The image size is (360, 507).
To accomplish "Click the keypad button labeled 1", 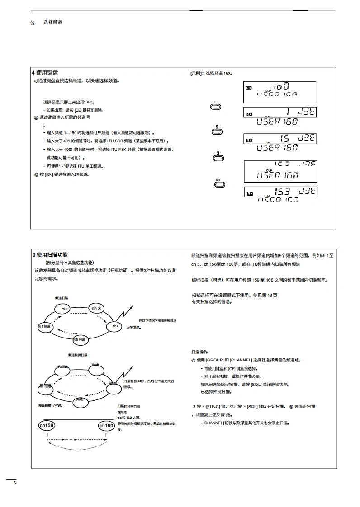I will pos(216,107).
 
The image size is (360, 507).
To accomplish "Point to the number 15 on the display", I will pos(284,138).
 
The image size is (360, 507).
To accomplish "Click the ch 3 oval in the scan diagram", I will pos(96,309).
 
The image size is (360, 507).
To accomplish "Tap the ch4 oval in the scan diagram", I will pos(114,325).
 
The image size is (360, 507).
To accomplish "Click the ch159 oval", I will pos(47,426).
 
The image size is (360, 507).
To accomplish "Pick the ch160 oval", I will pos(106,426).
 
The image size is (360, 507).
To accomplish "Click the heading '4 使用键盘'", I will pos(45,72).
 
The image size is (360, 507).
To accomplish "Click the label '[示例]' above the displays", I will pos(197,73).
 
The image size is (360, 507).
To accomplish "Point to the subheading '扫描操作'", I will pos(199,352).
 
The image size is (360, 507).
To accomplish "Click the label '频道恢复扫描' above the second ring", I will pos(78,355).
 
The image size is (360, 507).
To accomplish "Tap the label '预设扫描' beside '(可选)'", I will pos(45,405).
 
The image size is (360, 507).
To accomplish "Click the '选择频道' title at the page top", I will pos(52,22).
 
